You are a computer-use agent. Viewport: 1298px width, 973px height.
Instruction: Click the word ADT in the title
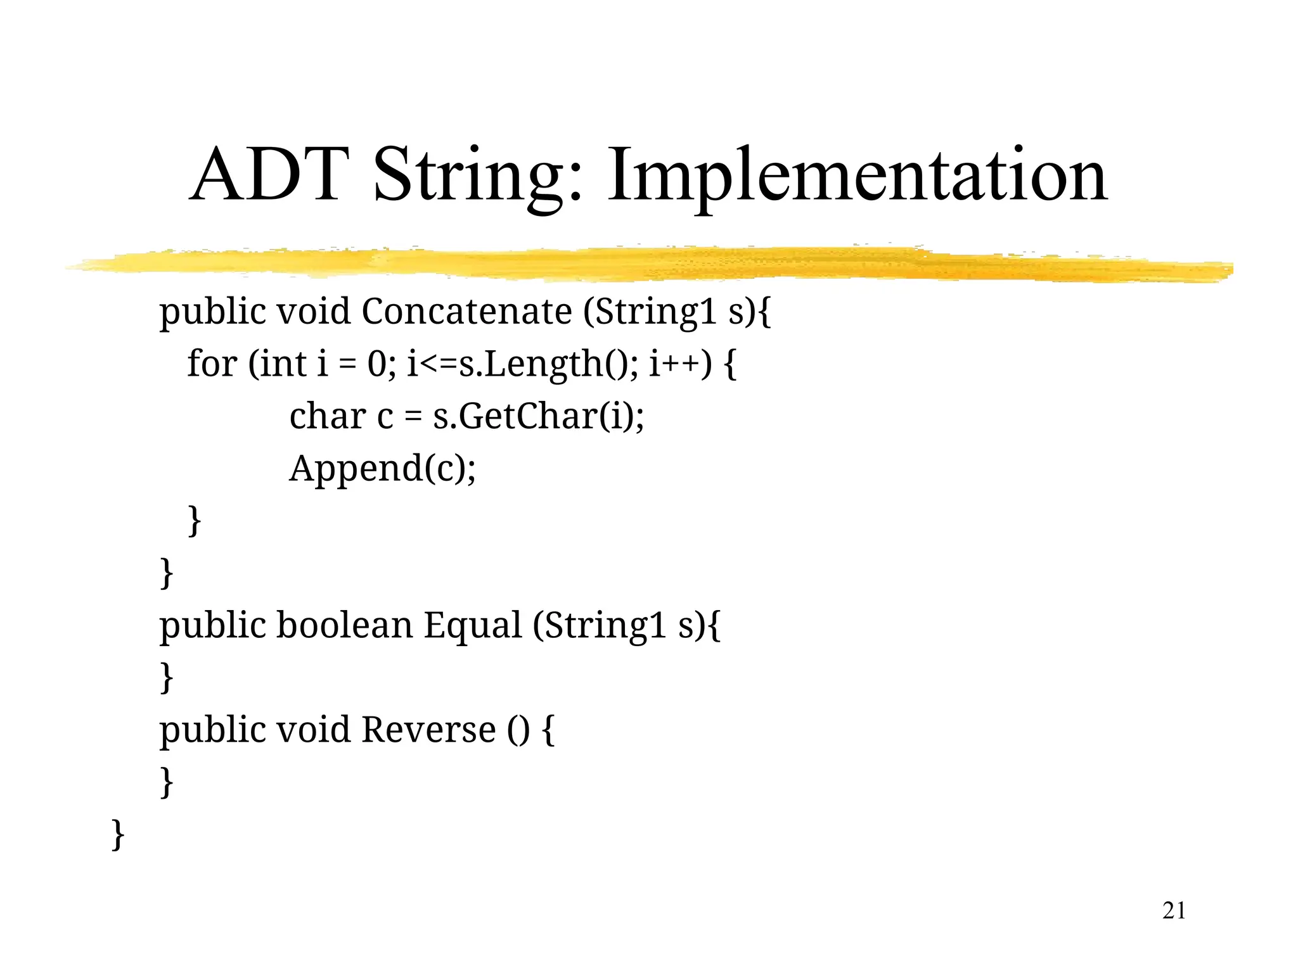(x=269, y=174)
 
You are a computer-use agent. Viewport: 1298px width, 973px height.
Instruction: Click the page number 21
(x=1174, y=910)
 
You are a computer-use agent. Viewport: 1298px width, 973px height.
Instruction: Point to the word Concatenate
(x=466, y=312)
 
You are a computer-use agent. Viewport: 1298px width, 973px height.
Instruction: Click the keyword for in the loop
(x=212, y=364)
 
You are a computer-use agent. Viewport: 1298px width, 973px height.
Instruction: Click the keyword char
(x=328, y=417)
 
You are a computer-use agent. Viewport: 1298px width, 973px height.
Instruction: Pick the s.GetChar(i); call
(x=539, y=417)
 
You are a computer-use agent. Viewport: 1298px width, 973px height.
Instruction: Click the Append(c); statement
(x=382, y=469)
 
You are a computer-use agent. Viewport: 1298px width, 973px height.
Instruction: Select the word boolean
(x=345, y=625)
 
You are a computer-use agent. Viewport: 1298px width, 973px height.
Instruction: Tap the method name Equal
(x=473, y=626)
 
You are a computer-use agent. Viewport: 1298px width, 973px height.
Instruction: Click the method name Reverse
(x=428, y=730)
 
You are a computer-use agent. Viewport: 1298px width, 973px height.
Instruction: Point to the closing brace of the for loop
(x=195, y=521)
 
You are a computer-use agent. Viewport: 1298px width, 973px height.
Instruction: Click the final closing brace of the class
(x=118, y=834)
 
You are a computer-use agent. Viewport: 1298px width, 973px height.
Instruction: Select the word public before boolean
(x=214, y=626)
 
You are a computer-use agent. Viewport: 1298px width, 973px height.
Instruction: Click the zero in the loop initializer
(x=376, y=364)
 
